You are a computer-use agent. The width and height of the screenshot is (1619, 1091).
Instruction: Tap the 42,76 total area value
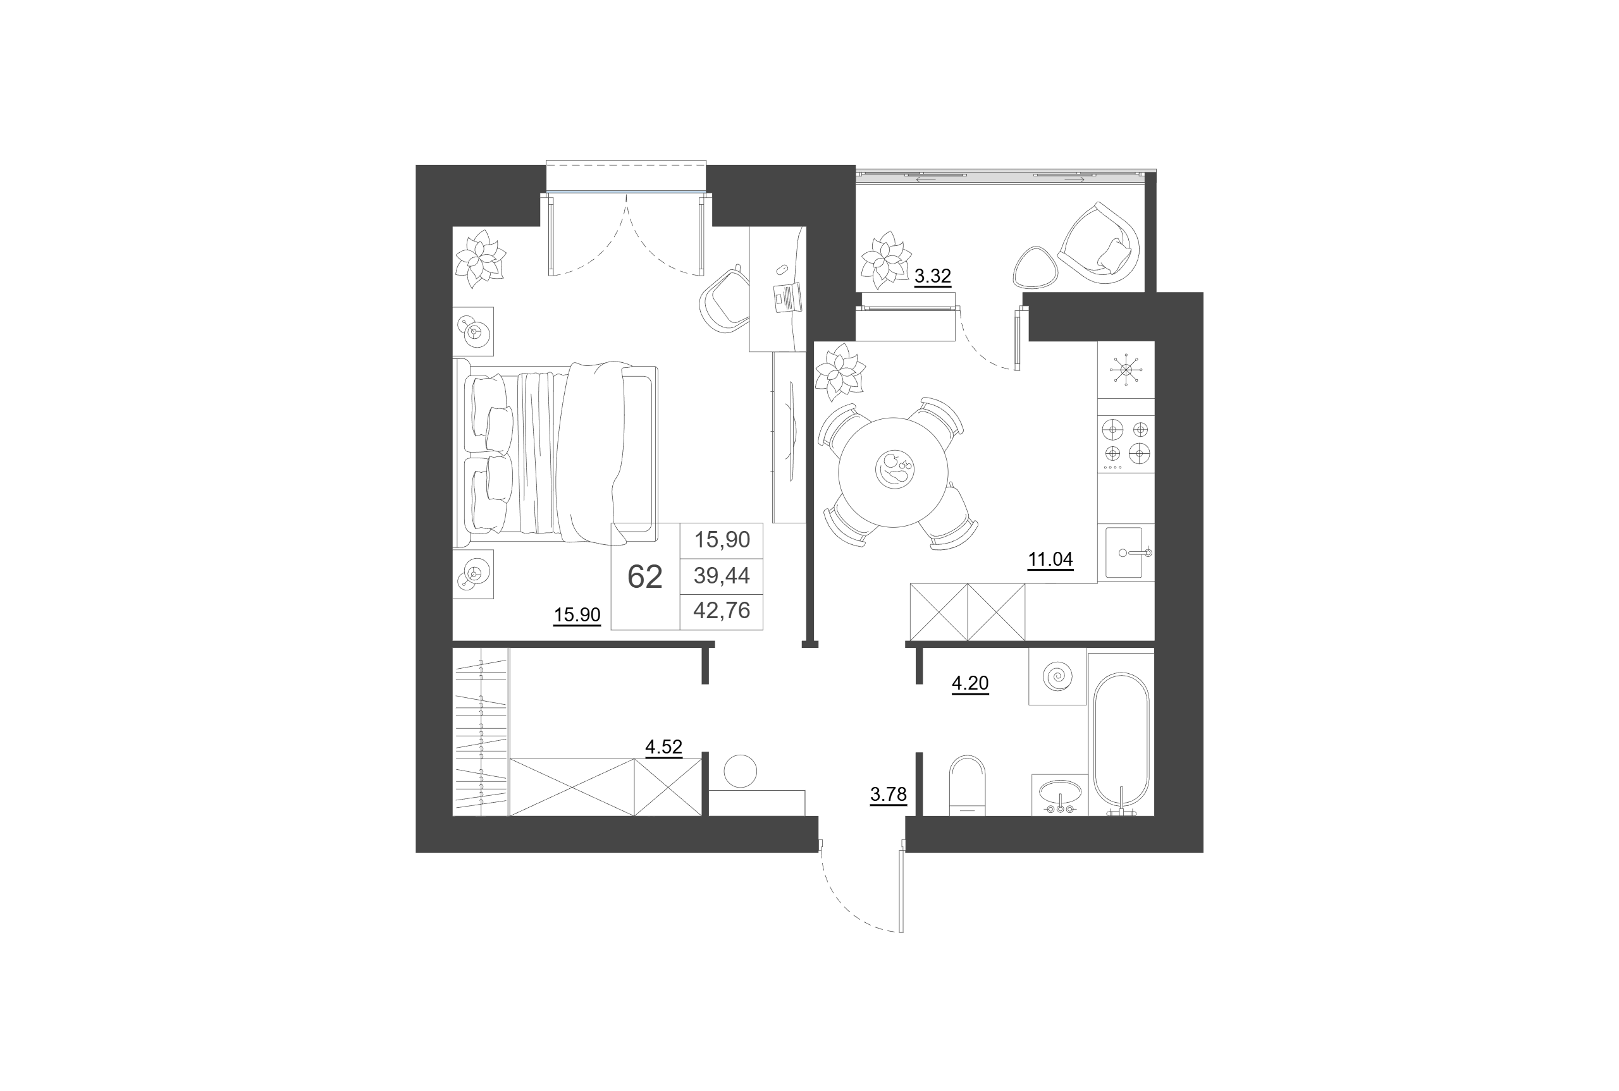point(722,610)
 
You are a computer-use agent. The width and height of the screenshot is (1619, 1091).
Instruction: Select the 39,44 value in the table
point(722,575)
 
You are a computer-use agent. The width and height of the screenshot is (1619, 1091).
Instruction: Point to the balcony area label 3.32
point(932,276)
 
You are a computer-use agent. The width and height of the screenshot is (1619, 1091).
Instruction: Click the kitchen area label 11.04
point(1050,559)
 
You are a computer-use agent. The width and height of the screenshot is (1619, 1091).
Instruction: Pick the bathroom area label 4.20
point(970,683)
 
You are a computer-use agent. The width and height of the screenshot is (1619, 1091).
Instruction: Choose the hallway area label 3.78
point(888,794)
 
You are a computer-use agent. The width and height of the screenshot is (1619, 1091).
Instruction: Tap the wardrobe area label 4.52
point(663,747)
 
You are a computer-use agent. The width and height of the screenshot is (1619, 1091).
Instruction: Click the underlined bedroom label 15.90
point(577,614)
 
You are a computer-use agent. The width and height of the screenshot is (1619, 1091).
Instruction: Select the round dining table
point(894,472)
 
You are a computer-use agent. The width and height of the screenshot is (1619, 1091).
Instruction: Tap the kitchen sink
point(1126,552)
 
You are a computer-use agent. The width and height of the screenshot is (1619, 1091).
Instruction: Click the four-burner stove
point(1126,444)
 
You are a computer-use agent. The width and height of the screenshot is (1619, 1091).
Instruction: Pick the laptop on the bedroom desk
point(788,298)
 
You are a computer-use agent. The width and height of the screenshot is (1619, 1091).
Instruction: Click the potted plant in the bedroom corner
point(480,259)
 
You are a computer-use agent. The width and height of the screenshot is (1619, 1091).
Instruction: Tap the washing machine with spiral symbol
point(1057,676)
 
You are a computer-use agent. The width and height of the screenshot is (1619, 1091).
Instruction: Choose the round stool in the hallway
point(740,771)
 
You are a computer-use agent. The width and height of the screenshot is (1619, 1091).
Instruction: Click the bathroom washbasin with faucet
point(1059,794)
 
